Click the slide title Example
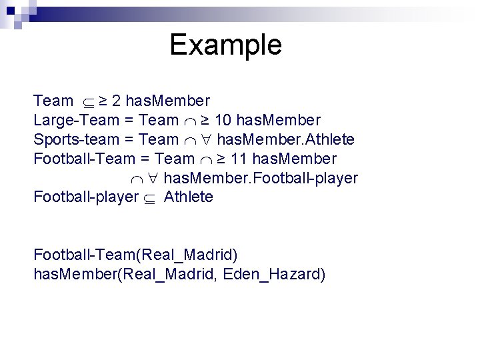(x=225, y=45)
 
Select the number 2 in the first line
(x=116, y=101)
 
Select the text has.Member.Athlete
(x=286, y=140)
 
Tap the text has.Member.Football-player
(x=261, y=178)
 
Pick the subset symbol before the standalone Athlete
(x=153, y=198)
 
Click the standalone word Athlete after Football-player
(x=189, y=197)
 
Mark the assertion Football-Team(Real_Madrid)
(x=135, y=255)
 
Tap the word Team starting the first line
(x=53, y=101)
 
